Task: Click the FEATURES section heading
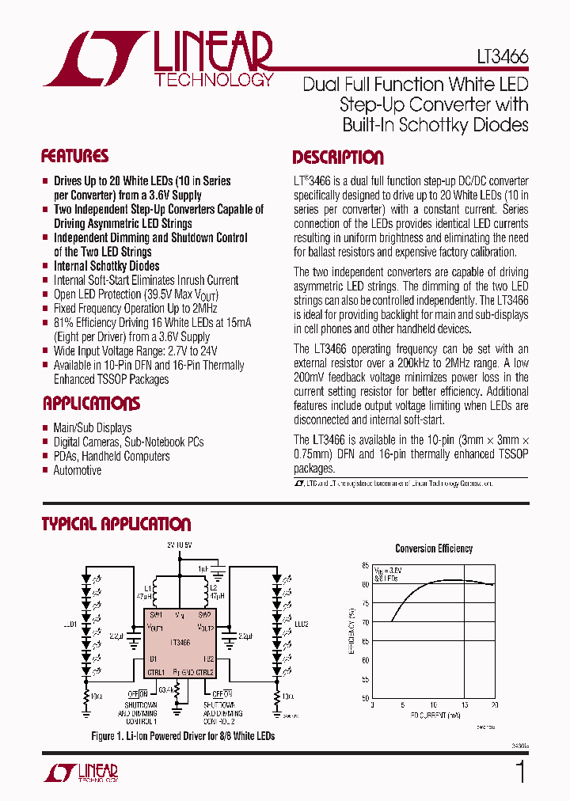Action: [74, 156]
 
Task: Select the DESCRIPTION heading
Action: [338, 157]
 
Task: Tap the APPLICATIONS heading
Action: [90, 404]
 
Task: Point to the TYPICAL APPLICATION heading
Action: [116, 524]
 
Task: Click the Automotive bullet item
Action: [78, 470]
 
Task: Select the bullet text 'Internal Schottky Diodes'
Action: [106, 266]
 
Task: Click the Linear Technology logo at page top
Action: [158, 59]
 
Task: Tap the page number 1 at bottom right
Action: [520, 771]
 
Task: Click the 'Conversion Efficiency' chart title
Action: [434, 549]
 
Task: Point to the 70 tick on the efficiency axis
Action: [365, 622]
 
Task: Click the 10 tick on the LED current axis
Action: [433, 704]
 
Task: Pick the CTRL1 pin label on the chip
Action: [155, 672]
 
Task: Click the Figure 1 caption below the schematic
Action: [183, 736]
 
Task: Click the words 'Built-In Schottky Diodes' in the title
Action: [435, 124]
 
